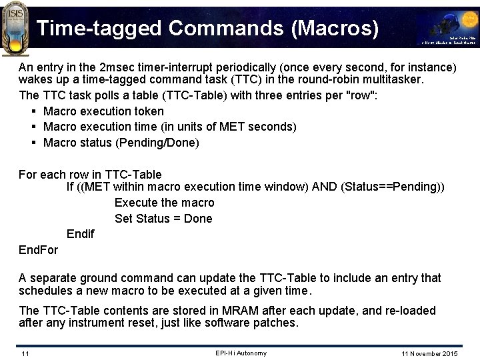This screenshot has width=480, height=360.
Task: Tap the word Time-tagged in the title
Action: (x=99, y=28)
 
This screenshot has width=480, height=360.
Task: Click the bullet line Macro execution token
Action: (x=103, y=111)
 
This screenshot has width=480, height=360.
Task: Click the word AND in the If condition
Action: (x=325, y=187)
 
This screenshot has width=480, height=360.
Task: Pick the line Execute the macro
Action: (x=164, y=203)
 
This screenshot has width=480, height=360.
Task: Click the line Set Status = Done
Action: (x=163, y=219)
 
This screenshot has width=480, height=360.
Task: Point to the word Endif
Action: (x=80, y=234)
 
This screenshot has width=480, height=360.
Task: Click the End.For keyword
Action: (x=38, y=250)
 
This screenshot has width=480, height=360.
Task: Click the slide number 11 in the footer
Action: (x=25, y=353)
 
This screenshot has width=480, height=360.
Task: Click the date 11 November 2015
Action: (x=429, y=353)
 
